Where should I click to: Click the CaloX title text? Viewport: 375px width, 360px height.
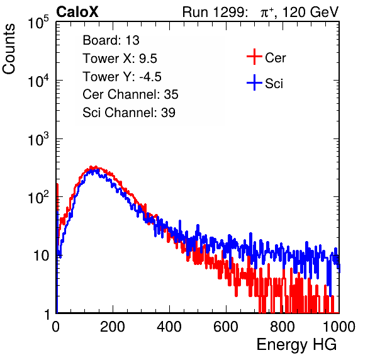(77, 12)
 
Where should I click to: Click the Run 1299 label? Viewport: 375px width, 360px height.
(215, 12)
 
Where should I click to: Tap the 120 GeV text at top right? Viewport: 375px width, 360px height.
(310, 12)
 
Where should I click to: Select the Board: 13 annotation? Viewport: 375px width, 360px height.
(111, 40)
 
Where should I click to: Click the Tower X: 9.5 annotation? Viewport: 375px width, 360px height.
(120, 59)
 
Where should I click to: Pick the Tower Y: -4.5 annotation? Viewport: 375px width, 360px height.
(122, 77)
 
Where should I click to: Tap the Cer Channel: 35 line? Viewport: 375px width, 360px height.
(130, 94)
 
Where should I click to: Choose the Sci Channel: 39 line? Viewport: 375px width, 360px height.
(129, 113)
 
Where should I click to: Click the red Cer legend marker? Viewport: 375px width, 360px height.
(254, 57)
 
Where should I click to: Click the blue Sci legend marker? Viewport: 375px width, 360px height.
(254, 83)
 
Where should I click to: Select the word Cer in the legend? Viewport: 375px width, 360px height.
(275, 58)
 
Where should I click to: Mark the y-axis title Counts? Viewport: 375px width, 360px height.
(9, 48)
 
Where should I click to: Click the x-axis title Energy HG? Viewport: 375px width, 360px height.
(296, 344)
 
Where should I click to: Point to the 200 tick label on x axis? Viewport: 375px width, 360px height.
(113, 327)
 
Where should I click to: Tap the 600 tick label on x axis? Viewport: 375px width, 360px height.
(226, 327)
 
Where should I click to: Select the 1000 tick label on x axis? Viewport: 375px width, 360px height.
(339, 327)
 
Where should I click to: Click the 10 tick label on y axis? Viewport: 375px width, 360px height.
(42, 256)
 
